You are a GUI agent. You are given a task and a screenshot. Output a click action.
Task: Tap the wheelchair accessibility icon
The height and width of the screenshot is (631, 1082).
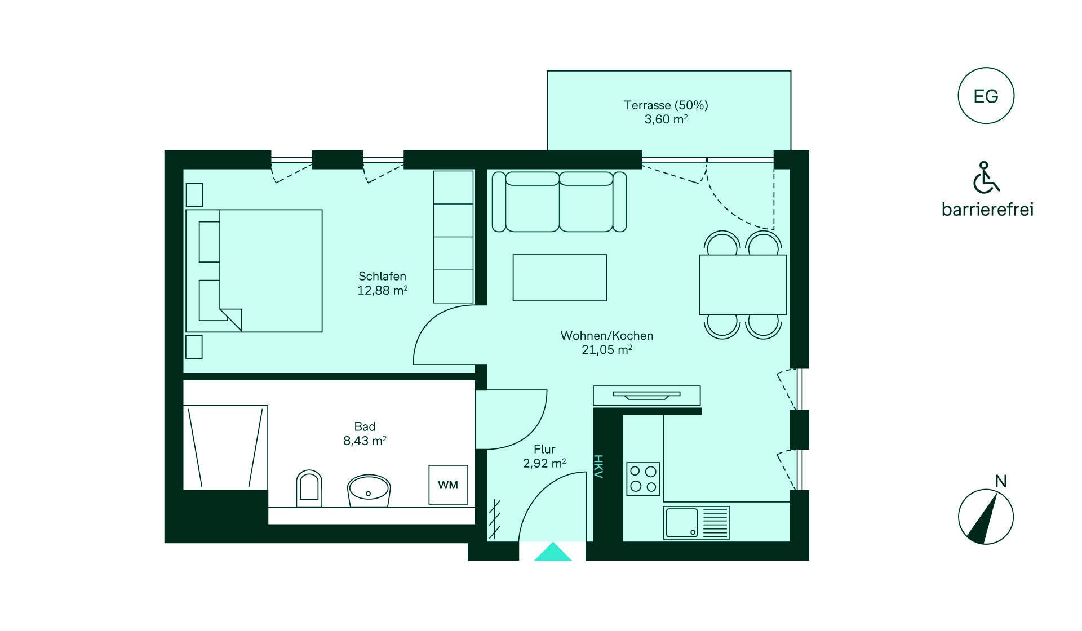coord(986,177)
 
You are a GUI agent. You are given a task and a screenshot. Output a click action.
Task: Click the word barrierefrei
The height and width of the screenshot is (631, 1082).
coord(988,210)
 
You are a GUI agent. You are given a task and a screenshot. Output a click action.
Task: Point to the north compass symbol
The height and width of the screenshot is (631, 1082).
coord(986,517)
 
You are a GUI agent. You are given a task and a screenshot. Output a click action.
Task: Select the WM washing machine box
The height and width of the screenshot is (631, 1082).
coord(448,485)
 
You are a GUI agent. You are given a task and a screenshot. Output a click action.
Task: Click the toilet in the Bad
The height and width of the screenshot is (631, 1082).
coord(309,488)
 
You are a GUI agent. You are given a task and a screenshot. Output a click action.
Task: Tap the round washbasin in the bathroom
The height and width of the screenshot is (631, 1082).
coord(369,490)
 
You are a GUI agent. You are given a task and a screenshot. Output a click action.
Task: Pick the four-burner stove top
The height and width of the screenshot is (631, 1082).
coord(643,478)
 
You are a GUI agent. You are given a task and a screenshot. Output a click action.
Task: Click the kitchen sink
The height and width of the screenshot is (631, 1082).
coord(697,522)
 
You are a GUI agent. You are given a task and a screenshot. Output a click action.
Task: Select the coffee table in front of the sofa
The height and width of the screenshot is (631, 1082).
coord(560,278)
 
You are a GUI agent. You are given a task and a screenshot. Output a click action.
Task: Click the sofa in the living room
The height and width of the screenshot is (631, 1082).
coord(559,202)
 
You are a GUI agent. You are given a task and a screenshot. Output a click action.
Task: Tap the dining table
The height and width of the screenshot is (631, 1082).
coord(742,285)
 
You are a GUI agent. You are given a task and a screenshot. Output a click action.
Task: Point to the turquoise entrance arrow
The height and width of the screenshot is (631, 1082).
coord(553,552)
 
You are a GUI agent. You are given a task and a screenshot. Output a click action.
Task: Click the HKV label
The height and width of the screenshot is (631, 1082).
coord(598,466)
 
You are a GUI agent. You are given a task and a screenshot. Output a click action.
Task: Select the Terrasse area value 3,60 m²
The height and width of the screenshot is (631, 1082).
coord(666,119)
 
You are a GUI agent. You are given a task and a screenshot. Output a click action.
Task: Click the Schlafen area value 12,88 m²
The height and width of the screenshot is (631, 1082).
coord(383,291)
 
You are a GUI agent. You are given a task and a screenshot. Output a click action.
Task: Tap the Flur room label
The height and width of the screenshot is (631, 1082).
coord(544,449)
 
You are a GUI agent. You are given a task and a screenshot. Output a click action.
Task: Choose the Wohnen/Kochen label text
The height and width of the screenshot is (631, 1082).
coord(607,336)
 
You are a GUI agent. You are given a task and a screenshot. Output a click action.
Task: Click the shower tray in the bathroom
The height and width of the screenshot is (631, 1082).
coord(225,447)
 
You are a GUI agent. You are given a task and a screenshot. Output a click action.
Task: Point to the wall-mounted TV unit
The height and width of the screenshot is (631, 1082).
coord(646,396)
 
